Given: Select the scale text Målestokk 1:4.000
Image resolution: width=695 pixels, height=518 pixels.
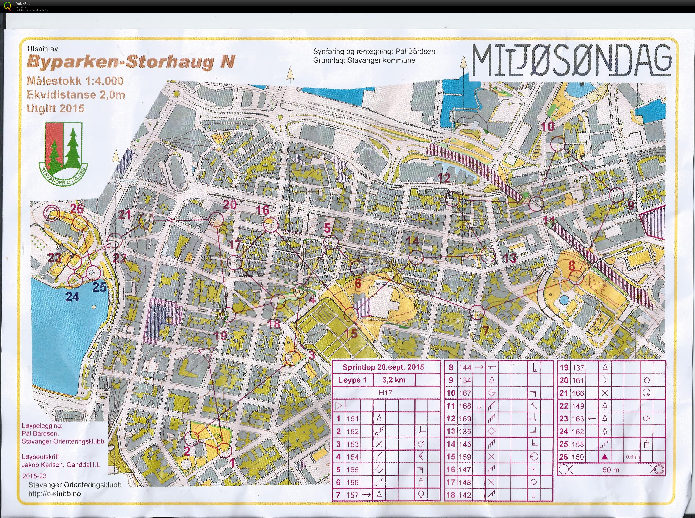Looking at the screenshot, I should [75, 81].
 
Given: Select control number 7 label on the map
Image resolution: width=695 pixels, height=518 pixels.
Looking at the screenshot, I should [485, 330].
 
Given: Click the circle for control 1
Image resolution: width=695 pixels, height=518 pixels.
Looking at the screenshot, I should [224, 451].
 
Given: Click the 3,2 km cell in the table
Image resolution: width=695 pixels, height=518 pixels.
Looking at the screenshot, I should [394, 380].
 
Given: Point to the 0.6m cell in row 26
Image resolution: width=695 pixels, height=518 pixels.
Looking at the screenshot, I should [632, 457].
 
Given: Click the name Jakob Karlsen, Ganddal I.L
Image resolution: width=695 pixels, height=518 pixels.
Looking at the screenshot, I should [61, 465].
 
